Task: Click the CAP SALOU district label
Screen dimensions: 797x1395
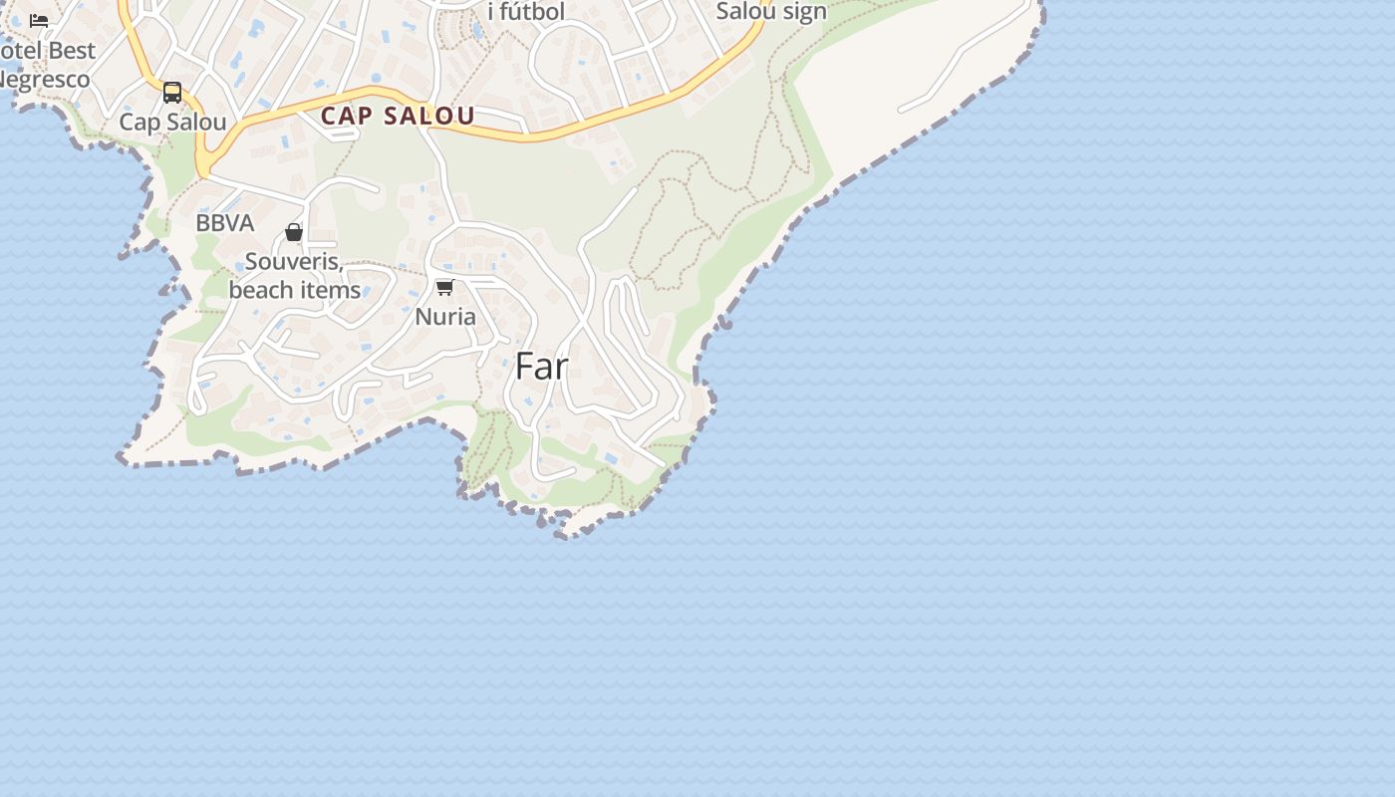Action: click(x=398, y=116)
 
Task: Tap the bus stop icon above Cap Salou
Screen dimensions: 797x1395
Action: click(x=172, y=93)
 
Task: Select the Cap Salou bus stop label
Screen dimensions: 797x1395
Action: click(x=172, y=122)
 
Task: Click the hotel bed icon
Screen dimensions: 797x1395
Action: click(x=39, y=20)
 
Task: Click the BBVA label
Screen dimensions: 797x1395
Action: click(x=224, y=223)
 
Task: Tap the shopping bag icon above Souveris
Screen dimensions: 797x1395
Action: click(x=294, y=232)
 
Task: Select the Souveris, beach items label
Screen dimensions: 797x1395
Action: click(x=294, y=276)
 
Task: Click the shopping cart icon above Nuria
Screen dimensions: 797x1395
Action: click(x=445, y=288)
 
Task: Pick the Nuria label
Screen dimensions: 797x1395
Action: click(x=445, y=317)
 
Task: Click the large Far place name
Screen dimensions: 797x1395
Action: click(x=541, y=367)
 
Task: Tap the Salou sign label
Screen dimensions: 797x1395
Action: click(x=771, y=12)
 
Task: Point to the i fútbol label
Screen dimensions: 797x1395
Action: click(x=526, y=12)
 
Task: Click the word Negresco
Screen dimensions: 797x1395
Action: click(x=45, y=80)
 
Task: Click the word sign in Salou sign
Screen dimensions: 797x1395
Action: click(x=804, y=12)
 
